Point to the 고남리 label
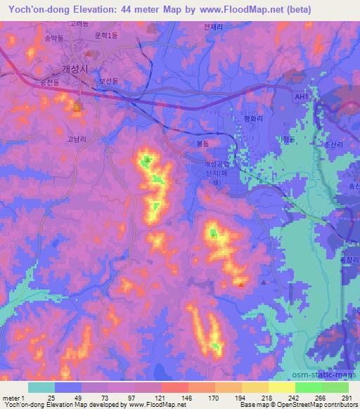coord(77,139)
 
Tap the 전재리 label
coord(212,27)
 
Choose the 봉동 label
coord(202,143)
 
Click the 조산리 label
coord(332,141)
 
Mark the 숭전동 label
coord(50,83)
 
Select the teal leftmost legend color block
coord(41,387)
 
